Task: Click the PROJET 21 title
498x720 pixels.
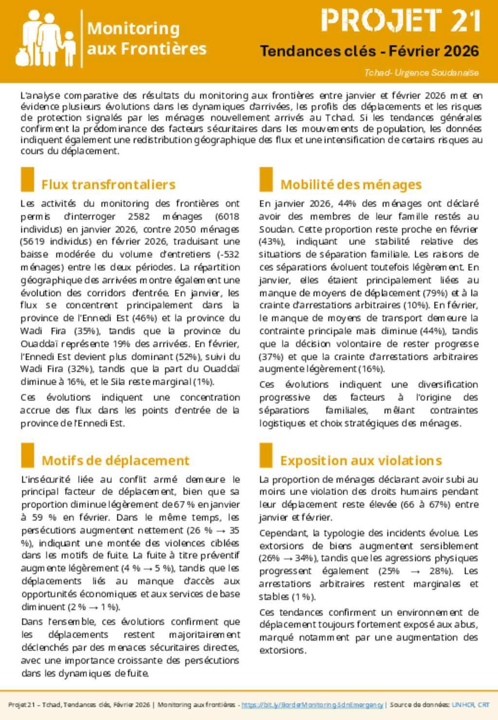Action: point(401,21)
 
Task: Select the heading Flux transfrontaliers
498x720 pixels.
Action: point(108,185)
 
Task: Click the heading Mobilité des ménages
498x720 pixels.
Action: point(351,185)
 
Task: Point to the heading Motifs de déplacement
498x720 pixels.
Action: point(115,461)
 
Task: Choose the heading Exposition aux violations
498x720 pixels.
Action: point(361,461)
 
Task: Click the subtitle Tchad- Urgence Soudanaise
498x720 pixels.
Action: point(421,73)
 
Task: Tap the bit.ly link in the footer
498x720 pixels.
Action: point(312,704)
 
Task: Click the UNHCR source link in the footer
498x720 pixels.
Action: point(463,704)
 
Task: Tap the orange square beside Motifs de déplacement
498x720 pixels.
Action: point(28,455)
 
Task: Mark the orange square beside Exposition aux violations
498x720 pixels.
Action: point(266,455)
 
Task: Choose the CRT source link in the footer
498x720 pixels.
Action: point(483,704)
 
